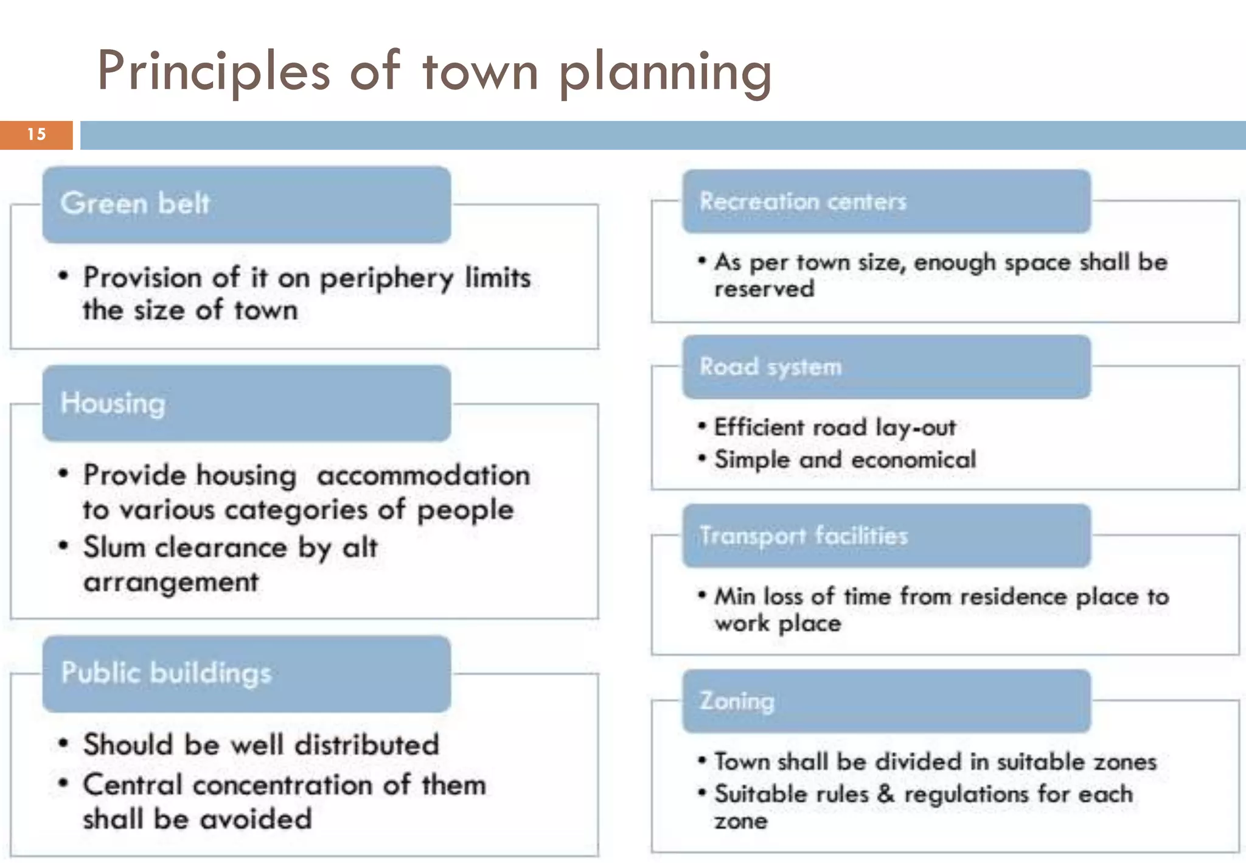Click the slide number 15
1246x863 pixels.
[x=37, y=135]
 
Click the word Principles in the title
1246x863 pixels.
[x=214, y=72]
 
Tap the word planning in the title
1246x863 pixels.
[x=665, y=73]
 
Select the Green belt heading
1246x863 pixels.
[x=135, y=203]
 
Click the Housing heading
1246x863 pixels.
[x=113, y=404]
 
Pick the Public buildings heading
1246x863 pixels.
[x=166, y=673]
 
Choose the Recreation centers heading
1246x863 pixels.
[x=802, y=201]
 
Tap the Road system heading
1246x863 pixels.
[x=770, y=367]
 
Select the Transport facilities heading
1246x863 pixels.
[x=803, y=536]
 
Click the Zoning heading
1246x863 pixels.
[x=737, y=701]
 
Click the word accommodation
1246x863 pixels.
[x=423, y=475]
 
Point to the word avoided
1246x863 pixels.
[x=256, y=819]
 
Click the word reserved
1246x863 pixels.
[x=764, y=289]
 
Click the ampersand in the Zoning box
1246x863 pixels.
[x=886, y=794]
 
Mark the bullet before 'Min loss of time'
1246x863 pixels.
[x=702, y=595]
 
